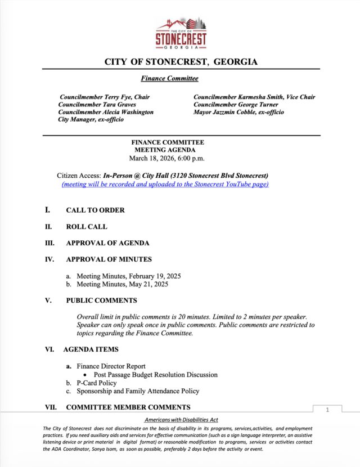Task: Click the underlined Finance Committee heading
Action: pos(169,79)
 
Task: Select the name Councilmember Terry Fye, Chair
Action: pos(104,97)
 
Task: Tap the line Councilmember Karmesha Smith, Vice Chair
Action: pos(254,97)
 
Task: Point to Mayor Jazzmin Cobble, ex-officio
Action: pos(238,112)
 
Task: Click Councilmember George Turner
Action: pos(236,105)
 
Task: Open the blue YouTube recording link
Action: pos(165,185)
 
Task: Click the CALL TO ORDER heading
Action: pos(95,210)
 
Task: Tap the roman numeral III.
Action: pos(49,243)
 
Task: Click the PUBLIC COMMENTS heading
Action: pos(101,300)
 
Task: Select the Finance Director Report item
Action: pos(111,366)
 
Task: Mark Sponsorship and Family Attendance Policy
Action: pos(138,391)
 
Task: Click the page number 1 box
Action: pos(327,410)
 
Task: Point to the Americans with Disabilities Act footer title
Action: pos(181,420)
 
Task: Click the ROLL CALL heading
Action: pos(87,227)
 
